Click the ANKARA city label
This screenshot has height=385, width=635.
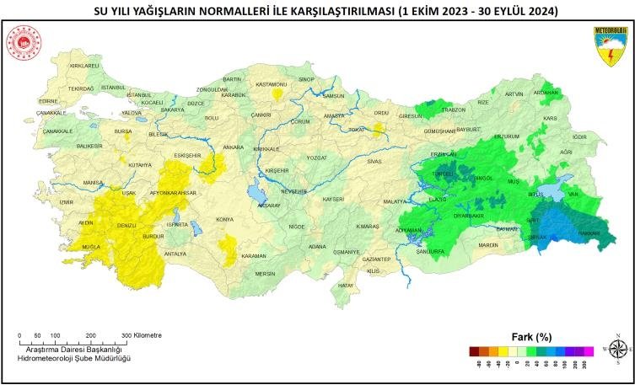[233, 147]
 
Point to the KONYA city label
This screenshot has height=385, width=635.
[224, 219]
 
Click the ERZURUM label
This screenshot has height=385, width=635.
[507, 136]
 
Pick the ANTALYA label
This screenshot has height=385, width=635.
[175, 254]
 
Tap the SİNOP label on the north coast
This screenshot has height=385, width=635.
[306, 79]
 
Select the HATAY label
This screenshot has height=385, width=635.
[345, 286]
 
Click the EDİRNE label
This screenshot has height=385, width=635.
[48, 101]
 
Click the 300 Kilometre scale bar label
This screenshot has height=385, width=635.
[143, 334]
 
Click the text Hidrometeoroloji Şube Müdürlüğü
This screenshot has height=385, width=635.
[77, 359]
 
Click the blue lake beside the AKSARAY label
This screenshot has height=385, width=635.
[255, 193]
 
